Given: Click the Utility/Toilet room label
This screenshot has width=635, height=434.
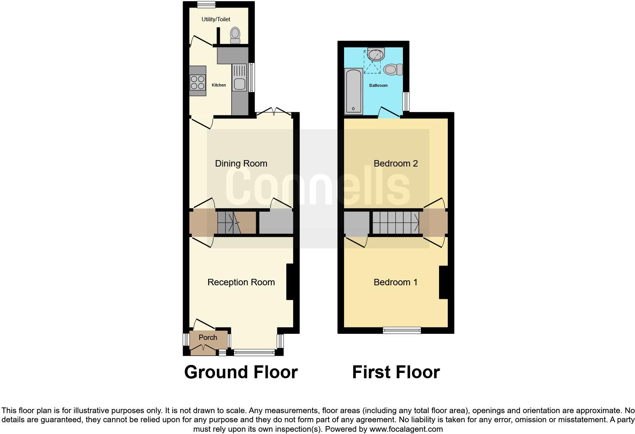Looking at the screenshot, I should point(216,19).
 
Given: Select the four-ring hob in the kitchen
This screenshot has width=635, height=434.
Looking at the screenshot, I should point(197,82).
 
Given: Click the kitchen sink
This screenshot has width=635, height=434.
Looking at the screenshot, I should point(240,83).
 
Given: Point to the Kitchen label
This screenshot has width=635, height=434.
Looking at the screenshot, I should point(219,85).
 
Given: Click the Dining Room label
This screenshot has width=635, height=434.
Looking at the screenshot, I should point(241,164).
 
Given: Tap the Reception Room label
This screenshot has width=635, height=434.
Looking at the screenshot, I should point(241,282).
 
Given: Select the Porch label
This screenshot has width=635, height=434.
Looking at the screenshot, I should point(208,337).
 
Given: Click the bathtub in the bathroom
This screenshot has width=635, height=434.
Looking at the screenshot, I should point(354,91).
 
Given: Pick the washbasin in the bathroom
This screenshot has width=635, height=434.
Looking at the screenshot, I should point(376,55).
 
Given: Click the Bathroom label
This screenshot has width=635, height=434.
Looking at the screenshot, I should point(378,85).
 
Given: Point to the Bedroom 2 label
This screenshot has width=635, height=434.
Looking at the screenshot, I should point(396,164).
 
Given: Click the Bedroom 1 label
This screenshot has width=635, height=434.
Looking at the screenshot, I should point(395,282).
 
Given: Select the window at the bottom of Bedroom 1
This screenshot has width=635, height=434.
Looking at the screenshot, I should point(402,330).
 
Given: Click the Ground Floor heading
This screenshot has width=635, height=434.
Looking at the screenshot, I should point(241,372).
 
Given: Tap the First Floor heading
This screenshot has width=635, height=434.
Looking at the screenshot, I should point(396,372).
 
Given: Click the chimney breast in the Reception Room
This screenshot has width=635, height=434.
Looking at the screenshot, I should point(290,281).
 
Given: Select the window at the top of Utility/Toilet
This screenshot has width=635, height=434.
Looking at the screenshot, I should point(207,4).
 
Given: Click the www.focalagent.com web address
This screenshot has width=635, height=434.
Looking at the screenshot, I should point(406,429).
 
